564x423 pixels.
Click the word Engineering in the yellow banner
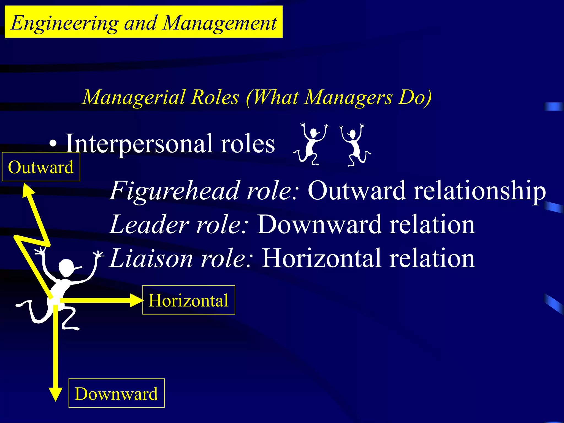coord(65,23)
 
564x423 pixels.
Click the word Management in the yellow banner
coord(220,23)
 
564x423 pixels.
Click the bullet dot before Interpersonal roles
coord(53,143)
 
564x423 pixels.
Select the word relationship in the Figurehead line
coord(479,191)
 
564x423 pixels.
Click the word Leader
coord(149,224)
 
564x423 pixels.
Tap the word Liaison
coord(151,258)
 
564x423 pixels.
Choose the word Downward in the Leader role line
coord(320,224)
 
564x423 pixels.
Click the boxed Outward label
coord(41,167)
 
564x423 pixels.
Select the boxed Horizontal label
coord(189,300)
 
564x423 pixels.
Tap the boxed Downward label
coord(116,393)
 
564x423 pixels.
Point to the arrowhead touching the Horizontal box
coord(136,300)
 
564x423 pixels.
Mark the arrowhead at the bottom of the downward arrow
coord(56,394)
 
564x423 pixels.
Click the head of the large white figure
coord(66,268)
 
